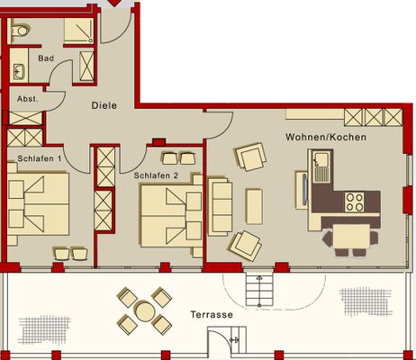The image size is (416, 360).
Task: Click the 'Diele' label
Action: [104, 105]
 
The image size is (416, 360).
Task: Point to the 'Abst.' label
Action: [27, 99]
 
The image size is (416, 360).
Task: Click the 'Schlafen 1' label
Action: [39, 159]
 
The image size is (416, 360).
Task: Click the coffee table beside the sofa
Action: [254, 205]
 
